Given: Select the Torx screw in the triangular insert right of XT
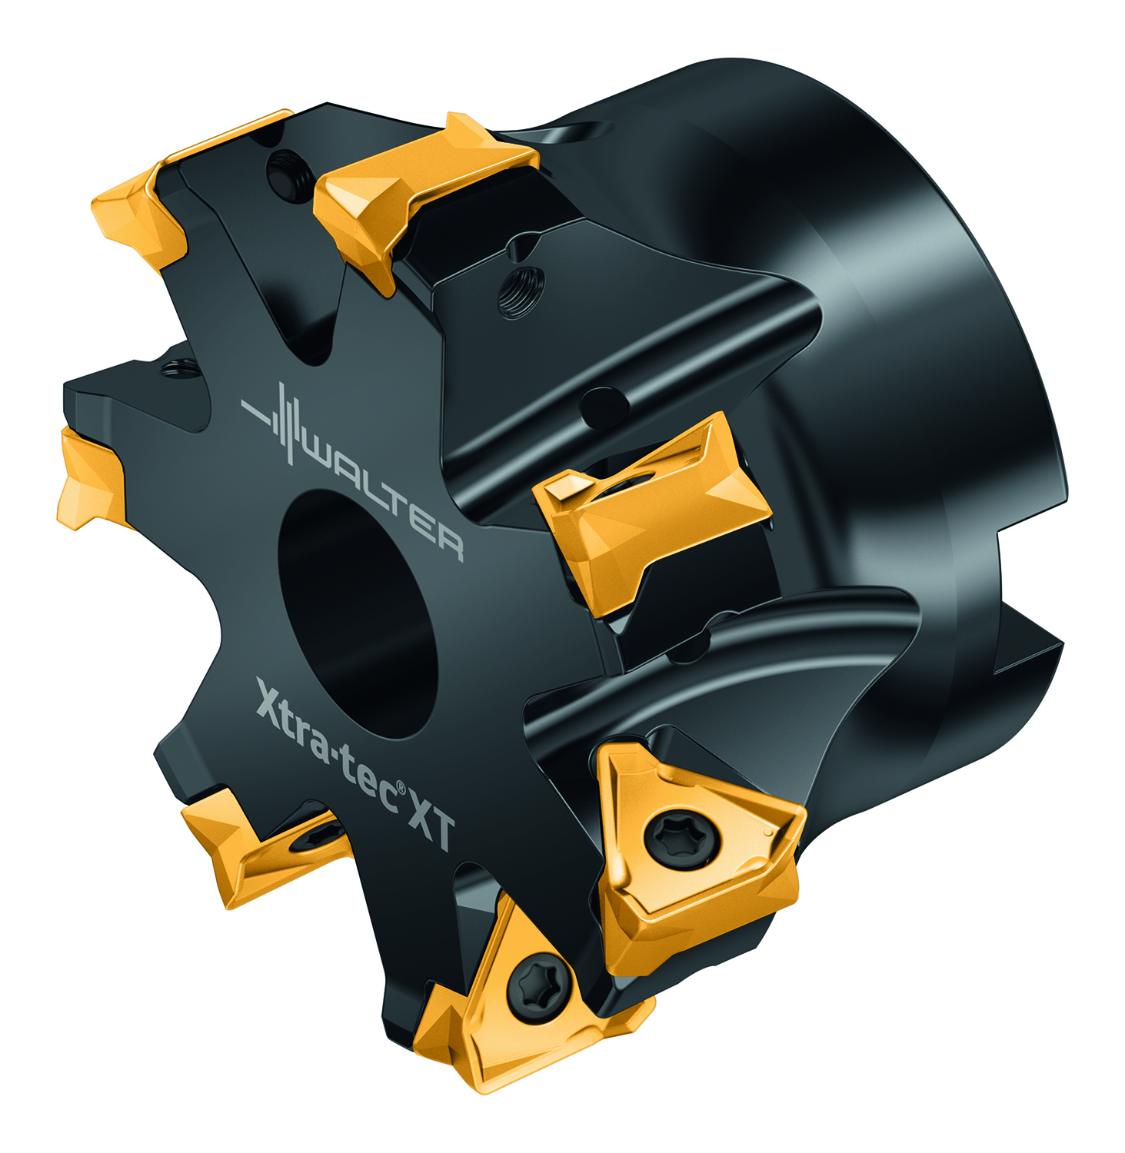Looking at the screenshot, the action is coord(684,839).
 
